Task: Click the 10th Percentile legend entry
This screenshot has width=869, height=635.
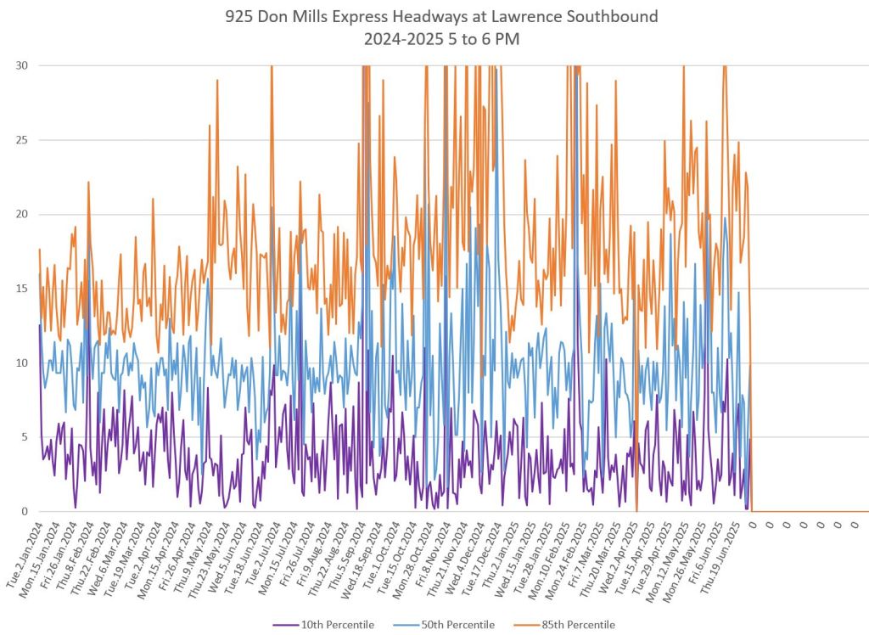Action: coord(327,625)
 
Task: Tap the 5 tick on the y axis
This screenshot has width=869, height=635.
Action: coord(22,437)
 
